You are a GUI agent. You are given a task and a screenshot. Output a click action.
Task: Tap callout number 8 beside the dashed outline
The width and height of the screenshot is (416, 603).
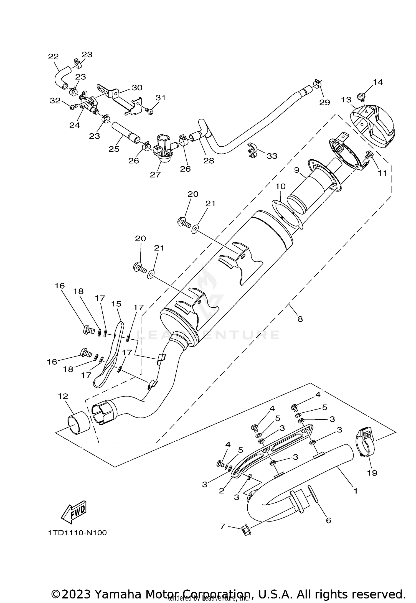[x=300, y=319]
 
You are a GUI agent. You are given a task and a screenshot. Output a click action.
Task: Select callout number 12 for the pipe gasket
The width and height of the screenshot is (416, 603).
[x=63, y=396]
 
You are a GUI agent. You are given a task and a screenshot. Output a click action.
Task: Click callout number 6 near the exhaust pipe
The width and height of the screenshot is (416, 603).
[x=328, y=520]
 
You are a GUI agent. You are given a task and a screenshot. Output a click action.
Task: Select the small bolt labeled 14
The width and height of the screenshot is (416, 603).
[x=361, y=96]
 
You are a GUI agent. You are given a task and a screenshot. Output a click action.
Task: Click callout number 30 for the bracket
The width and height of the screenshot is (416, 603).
[x=137, y=88]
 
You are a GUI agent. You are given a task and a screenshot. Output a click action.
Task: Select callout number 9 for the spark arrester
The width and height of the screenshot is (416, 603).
[x=297, y=170]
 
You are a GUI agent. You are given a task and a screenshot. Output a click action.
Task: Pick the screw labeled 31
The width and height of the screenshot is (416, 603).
[x=150, y=111]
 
